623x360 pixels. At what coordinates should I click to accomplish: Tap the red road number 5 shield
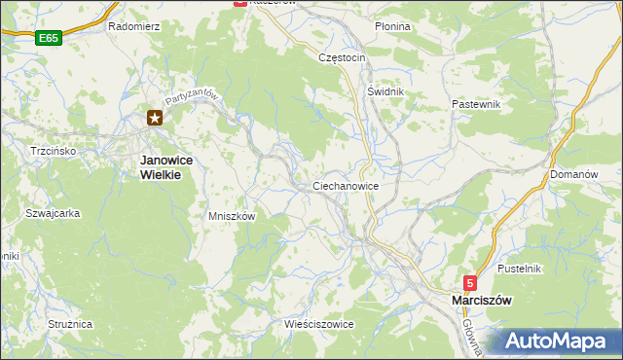pyautogui.click(x=469, y=283)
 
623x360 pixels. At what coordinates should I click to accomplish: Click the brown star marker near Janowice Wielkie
pyautogui.click(x=155, y=119)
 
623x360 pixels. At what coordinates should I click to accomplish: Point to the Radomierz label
pyautogui.click(x=134, y=26)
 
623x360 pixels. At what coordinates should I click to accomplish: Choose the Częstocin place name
pyautogui.click(x=342, y=57)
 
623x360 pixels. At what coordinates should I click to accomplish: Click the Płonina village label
pyautogui.click(x=392, y=26)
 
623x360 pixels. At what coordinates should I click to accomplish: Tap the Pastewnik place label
pyautogui.click(x=476, y=102)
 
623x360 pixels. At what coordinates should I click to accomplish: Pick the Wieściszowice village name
pyautogui.click(x=318, y=323)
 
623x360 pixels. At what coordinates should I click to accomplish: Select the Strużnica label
pyautogui.click(x=69, y=323)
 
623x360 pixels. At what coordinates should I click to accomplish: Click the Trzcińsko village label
pyautogui.click(x=48, y=152)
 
